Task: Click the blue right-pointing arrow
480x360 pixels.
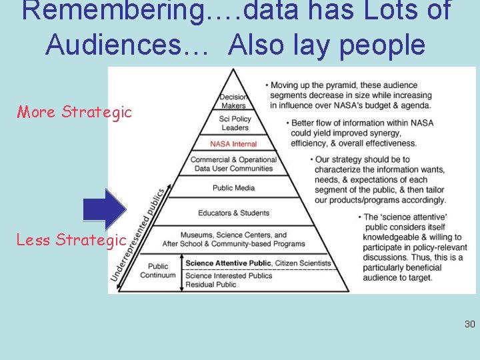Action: [105, 208]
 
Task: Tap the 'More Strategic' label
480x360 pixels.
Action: [74, 112]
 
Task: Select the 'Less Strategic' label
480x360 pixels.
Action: [71, 239]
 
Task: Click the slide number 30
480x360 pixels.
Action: [469, 325]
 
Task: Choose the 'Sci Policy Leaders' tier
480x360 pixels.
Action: [235, 123]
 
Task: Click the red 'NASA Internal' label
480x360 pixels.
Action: [233, 144]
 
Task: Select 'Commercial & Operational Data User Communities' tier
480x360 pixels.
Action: [233, 164]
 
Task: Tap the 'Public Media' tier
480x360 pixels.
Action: [233, 188]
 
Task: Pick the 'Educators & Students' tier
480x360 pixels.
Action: [233, 213]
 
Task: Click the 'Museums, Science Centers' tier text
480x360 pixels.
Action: [233, 239]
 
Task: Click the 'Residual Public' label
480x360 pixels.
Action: [211, 285]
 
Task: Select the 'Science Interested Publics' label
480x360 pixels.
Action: [229, 275]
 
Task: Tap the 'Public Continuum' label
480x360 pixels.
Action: [158, 271]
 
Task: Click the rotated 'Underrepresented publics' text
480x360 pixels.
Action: [141, 233]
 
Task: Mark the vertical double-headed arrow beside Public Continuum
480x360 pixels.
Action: [182, 273]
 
